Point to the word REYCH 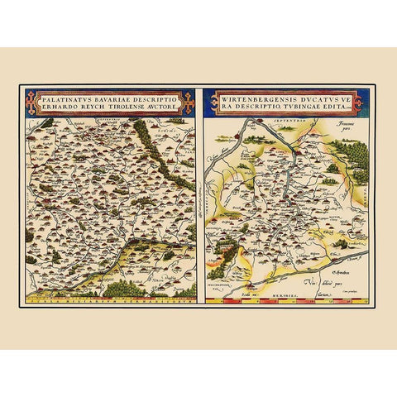[x=90, y=106]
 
